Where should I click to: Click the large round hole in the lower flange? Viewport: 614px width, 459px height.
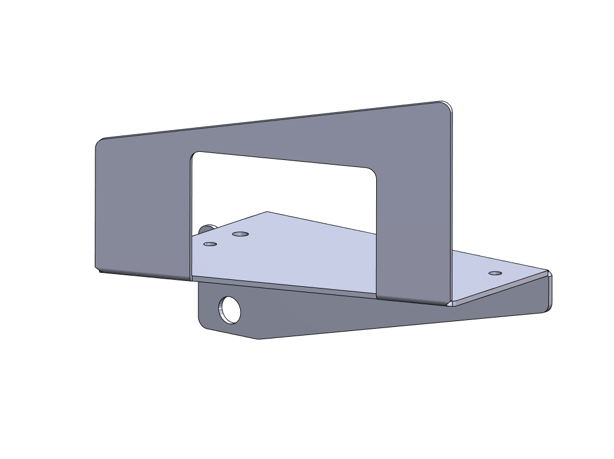pyautogui.click(x=229, y=309)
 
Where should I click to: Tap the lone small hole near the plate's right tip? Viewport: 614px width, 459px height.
pyautogui.click(x=495, y=273)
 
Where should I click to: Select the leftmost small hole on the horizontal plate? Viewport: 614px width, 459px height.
pyautogui.click(x=210, y=244)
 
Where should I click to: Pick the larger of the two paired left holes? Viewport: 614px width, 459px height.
pyautogui.click(x=240, y=234)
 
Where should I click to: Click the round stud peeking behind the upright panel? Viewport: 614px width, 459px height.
pyautogui.click(x=208, y=227)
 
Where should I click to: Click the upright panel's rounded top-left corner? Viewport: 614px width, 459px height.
pyautogui.click(x=100, y=142)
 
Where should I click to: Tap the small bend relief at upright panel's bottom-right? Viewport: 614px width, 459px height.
pyautogui.click(x=450, y=303)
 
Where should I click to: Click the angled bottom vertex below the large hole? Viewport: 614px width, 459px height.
pyautogui.click(x=258, y=339)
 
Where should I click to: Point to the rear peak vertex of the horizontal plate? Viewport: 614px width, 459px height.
pyautogui.click(x=267, y=212)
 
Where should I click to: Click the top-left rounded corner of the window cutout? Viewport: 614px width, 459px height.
pyautogui.click(x=195, y=155)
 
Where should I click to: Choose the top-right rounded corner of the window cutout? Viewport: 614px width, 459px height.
pyautogui.click(x=373, y=173)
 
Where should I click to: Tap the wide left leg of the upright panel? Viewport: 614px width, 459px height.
pyautogui.click(x=142, y=209)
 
